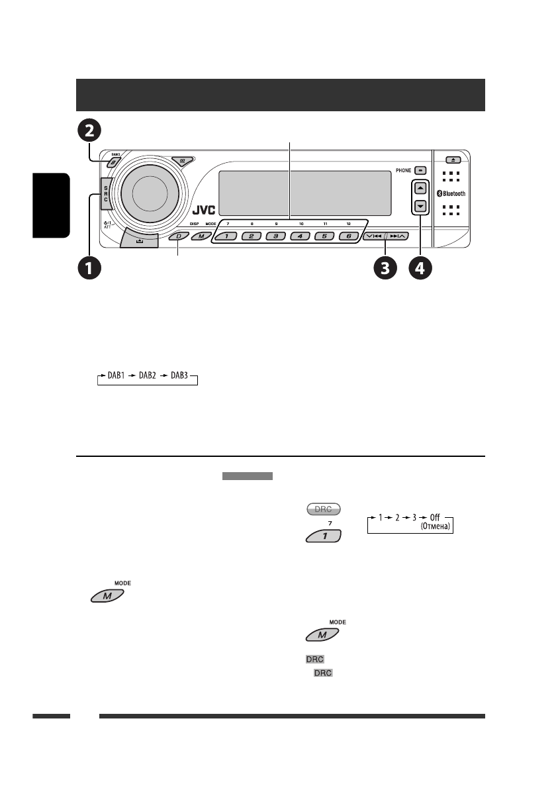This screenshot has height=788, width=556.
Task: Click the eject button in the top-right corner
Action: (x=451, y=160)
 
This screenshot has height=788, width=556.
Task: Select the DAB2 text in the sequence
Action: (x=148, y=375)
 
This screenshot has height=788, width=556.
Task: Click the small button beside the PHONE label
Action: (x=420, y=170)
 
